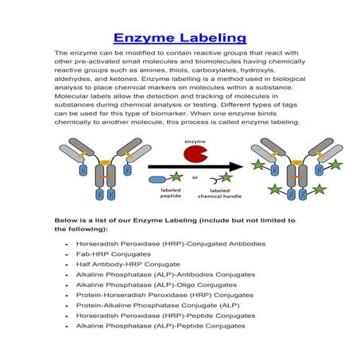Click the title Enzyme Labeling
point(180,37)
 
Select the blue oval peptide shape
point(158,180)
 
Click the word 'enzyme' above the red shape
point(195,141)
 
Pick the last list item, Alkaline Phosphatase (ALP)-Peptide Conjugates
point(161,326)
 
